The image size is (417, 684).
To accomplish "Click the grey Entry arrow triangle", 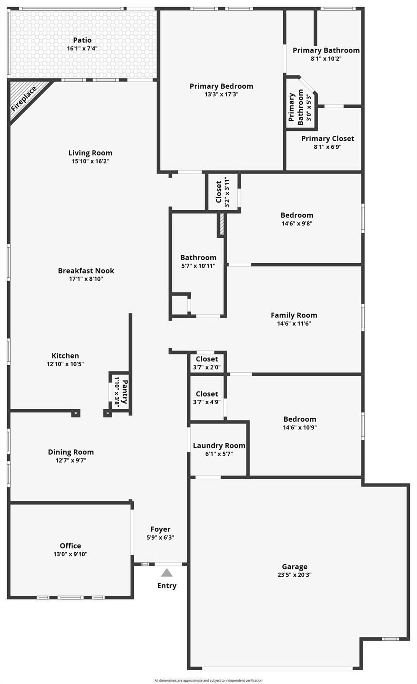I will click(x=167, y=573).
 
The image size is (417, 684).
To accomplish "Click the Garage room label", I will click(x=294, y=566).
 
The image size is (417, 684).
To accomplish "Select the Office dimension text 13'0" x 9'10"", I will click(x=70, y=554).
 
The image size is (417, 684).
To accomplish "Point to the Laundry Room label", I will click(x=219, y=445).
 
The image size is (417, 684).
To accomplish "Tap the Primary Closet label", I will click(x=328, y=138).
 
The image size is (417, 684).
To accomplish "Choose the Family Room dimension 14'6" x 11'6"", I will click(x=294, y=324).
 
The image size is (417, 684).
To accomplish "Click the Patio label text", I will click(x=82, y=40).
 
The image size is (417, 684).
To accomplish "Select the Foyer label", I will click(x=160, y=529).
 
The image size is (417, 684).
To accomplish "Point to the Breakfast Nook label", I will click(x=86, y=270).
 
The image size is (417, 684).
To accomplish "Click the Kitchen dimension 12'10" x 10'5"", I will click(x=65, y=364).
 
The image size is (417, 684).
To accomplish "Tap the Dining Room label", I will click(x=71, y=452).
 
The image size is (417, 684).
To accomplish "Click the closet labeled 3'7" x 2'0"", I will click(x=207, y=363).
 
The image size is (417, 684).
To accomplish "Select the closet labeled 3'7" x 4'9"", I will click(x=207, y=398).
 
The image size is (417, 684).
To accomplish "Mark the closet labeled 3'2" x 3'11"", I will click(x=222, y=191).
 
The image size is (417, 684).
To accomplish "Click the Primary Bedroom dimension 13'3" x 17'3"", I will click(x=221, y=94).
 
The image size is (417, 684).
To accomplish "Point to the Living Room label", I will click(x=90, y=153).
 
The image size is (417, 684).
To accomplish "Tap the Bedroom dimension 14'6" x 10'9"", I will click(x=300, y=427).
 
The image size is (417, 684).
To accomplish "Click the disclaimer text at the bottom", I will click(x=208, y=680).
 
